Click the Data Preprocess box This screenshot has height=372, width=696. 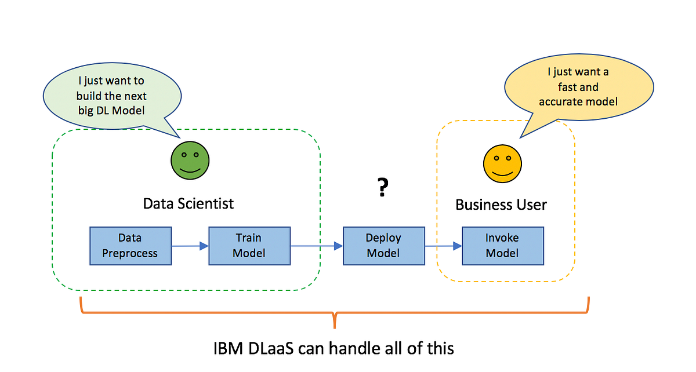coord(130,246)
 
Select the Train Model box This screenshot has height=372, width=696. coord(249,246)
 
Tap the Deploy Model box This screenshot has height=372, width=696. coord(383,246)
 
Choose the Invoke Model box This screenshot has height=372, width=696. coord(502,246)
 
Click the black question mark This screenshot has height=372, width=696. coord(382,187)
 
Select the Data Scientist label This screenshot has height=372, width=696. coord(188,203)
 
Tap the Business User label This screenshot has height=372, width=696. coord(501,205)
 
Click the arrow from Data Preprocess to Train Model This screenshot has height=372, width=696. coord(190,246)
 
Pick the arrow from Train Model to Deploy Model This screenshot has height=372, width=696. coord(317,246)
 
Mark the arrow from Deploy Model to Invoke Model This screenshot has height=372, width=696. coord(443,246)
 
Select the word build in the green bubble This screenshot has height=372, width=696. coord(90,95)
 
